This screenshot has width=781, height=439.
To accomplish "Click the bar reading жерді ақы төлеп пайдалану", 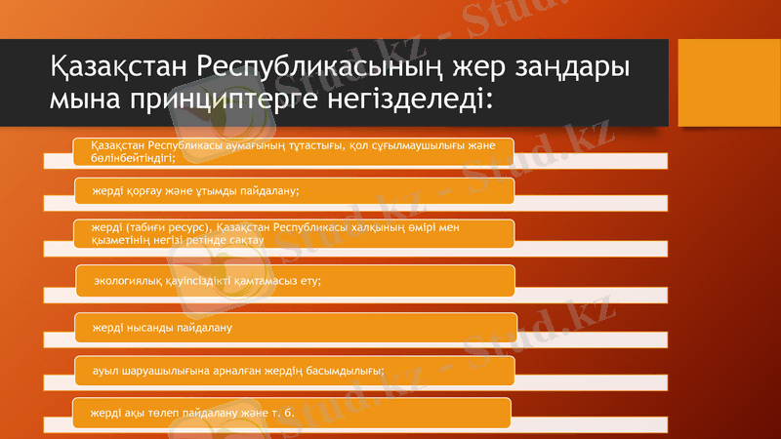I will (293, 412).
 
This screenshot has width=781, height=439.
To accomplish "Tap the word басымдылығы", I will (343, 370).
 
